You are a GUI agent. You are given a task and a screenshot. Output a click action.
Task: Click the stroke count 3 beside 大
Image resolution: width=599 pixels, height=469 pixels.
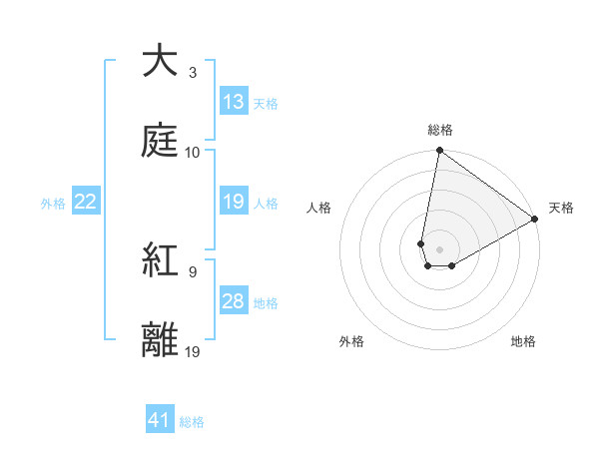tap(192, 73)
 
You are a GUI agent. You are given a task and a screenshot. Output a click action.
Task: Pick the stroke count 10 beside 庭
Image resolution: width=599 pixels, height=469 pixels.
tap(193, 152)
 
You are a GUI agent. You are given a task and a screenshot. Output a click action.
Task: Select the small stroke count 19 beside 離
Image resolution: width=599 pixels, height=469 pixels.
tap(193, 351)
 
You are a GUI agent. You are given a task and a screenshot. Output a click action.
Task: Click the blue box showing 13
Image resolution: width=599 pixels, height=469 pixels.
tap(234, 101)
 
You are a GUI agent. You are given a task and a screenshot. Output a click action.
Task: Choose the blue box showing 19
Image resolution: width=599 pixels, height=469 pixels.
tap(234, 202)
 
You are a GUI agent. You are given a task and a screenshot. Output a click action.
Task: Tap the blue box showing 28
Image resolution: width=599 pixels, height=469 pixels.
tap(234, 301)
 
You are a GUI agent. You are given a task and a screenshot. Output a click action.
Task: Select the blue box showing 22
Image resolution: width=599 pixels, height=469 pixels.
tap(86, 202)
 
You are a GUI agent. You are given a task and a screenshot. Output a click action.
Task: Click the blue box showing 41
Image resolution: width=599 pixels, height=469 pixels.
tap(160, 420)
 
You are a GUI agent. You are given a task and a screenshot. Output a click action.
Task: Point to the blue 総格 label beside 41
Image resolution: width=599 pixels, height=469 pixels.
tap(192, 422)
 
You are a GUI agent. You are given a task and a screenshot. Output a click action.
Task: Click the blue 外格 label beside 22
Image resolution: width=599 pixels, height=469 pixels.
tap(53, 204)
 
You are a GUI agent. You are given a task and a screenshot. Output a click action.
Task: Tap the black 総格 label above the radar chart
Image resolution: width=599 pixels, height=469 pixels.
tap(440, 130)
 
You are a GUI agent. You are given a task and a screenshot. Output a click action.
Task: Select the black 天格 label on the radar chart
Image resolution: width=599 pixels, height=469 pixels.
tap(561, 208)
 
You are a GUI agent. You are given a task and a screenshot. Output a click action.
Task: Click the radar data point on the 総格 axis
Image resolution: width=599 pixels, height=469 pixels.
tap(439, 152)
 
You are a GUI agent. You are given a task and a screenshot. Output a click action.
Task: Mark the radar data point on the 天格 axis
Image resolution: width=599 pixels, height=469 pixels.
tap(535, 220)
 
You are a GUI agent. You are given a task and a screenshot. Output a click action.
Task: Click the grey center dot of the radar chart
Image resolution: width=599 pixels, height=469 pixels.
tap(439, 249)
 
